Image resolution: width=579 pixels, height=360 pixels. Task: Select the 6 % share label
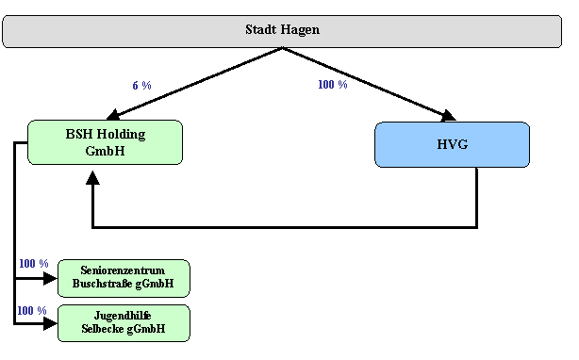[x=141, y=86]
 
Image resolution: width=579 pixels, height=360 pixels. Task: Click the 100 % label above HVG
[x=332, y=85]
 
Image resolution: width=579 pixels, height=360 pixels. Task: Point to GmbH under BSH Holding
[x=105, y=151]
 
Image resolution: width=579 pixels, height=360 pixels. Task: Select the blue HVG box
[x=452, y=144]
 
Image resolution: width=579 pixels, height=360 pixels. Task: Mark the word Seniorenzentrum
[x=124, y=270]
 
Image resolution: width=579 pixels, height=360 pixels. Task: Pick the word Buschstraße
[x=105, y=284]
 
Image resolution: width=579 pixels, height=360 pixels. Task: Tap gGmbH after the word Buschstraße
[x=156, y=284]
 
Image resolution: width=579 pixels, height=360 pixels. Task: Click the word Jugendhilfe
[x=124, y=316]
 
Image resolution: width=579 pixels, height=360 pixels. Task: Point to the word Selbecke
[x=104, y=329]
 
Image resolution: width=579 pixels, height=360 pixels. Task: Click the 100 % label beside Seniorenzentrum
[x=33, y=264]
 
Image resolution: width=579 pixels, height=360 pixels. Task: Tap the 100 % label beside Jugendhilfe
[x=31, y=311]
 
